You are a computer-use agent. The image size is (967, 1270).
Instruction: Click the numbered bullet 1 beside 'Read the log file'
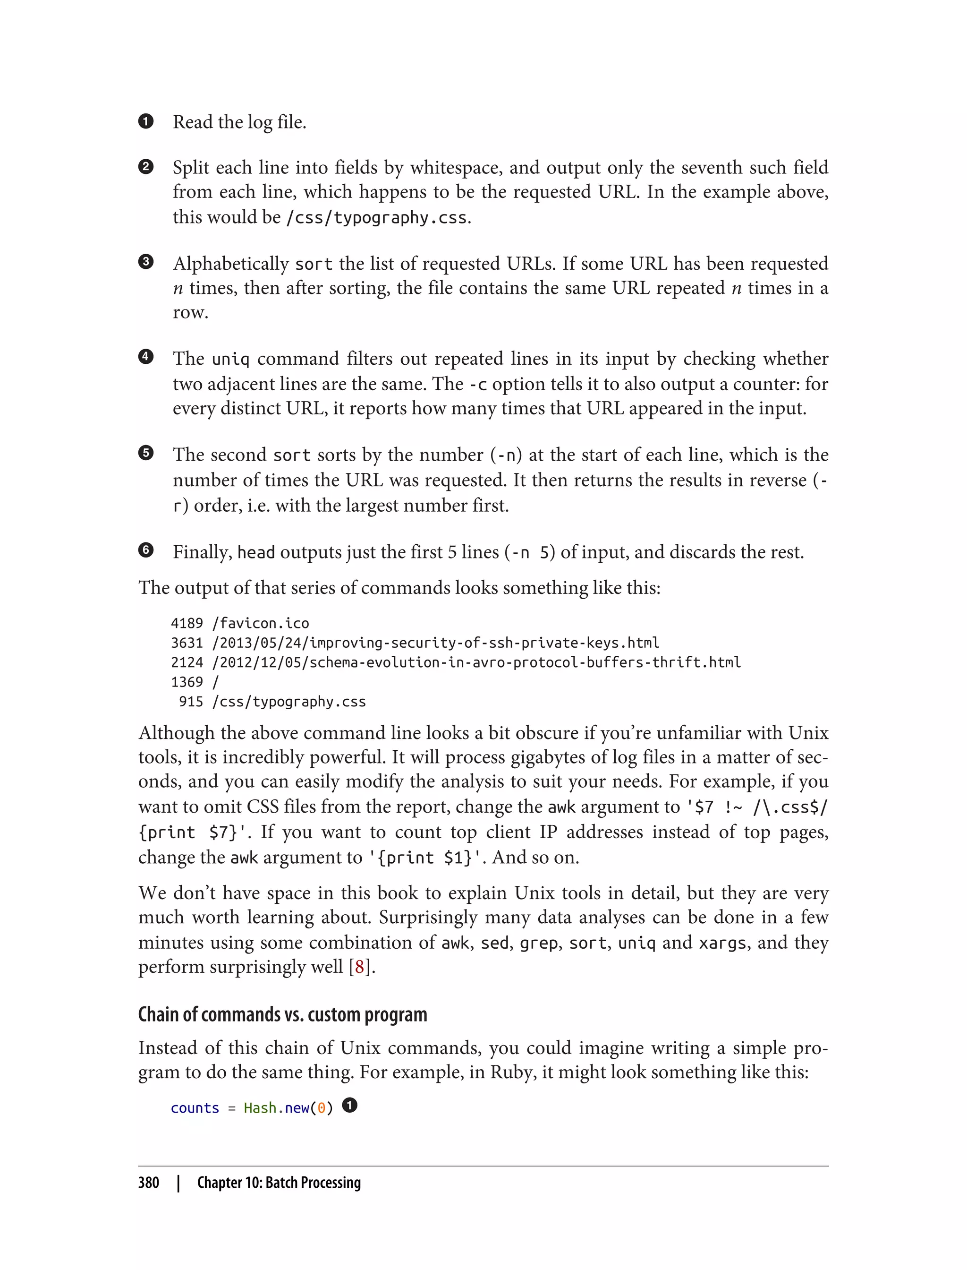click(145, 121)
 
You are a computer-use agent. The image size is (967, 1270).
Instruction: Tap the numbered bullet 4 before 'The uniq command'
click(145, 357)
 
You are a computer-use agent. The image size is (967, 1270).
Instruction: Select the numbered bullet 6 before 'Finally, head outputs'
click(145, 550)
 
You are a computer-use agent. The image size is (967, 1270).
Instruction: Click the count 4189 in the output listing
click(187, 623)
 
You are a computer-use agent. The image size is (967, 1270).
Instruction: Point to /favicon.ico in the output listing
click(261, 623)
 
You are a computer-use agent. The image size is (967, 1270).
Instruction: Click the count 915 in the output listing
click(191, 702)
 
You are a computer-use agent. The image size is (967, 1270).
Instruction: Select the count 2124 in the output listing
click(187, 662)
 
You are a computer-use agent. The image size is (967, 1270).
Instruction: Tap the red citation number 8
click(360, 967)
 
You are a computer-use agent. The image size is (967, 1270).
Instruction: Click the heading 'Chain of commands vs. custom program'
click(282, 1015)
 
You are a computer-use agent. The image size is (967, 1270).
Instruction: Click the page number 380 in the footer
click(149, 1183)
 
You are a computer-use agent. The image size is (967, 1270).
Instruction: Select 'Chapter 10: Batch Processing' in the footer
click(279, 1183)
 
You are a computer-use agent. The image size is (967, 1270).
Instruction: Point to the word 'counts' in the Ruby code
click(195, 1108)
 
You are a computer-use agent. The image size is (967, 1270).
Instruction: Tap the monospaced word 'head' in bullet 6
click(255, 553)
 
